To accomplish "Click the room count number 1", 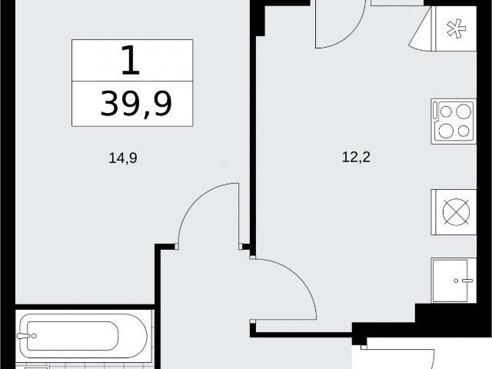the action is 131,60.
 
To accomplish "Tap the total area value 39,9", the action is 136,104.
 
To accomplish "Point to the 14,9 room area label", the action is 123,158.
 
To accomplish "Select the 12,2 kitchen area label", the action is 356,157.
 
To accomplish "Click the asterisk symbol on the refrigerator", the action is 456,28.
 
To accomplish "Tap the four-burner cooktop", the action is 454,121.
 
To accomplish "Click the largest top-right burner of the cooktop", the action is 464,111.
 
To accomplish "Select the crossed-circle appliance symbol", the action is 456,212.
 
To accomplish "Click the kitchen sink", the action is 454,281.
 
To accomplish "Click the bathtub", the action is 83,336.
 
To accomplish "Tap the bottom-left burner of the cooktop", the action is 446,131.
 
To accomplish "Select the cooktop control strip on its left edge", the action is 435,111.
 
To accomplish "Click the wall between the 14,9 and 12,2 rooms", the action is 253,125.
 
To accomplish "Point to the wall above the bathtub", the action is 85,307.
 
